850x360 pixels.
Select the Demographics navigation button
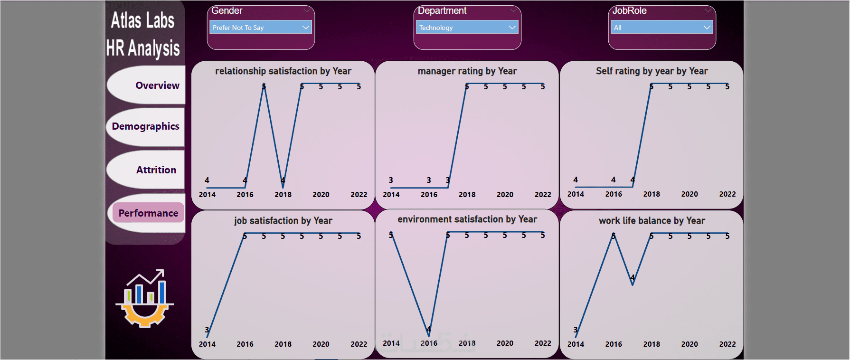[x=146, y=126]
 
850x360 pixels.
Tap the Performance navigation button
[x=148, y=213]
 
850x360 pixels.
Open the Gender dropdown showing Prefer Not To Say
[x=260, y=28]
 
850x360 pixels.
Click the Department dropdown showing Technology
[x=467, y=28]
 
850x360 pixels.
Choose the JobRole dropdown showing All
[x=661, y=28]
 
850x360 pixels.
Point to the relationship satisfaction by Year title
[x=283, y=71]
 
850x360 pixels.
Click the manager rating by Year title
[x=467, y=71]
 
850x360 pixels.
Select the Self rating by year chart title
[x=652, y=71]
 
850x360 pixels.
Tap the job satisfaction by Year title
[x=283, y=221]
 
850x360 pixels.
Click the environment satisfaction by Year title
[x=467, y=219]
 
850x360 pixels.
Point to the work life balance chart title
[x=652, y=221]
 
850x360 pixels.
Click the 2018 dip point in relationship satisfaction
[x=283, y=187]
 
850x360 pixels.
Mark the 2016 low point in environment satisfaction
[x=429, y=336]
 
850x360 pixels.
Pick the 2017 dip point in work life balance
[x=633, y=284]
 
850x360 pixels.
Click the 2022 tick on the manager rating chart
[x=543, y=195]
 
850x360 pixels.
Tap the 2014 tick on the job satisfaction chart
[x=207, y=344]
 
